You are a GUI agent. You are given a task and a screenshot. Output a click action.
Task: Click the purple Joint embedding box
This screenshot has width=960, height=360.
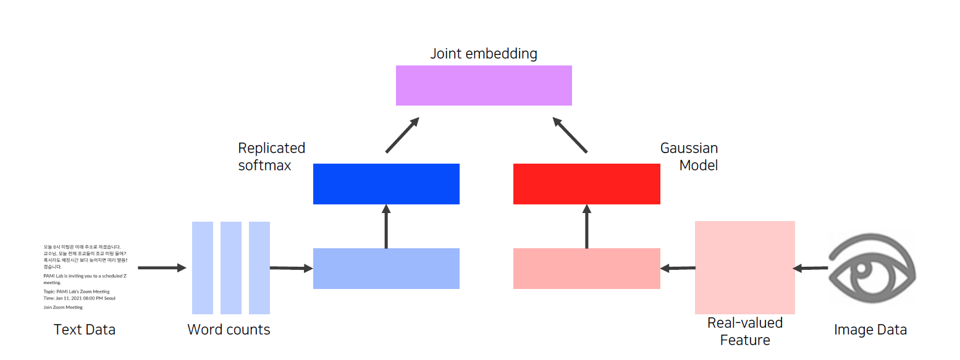pyautogui.click(x=484, y=85)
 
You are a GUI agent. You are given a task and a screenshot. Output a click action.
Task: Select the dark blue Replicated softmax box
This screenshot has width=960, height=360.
pyautogui.click(x=386, y=183)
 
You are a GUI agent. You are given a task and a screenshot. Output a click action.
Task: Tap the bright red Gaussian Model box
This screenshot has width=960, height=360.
pyautogui.click(x=586, y=183)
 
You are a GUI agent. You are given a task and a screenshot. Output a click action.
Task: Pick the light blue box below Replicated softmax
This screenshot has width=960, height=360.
pyautogui.click(x=386, y=269)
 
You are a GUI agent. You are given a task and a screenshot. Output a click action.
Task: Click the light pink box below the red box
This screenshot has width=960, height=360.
pyautogui.click(x=586, y=269)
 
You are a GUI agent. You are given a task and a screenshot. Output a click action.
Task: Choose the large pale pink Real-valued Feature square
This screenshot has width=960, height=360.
pyautogui.click(x=744, y=267)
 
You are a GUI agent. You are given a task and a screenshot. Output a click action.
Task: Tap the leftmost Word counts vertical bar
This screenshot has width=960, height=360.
pyautogui.click(x=203, y=267)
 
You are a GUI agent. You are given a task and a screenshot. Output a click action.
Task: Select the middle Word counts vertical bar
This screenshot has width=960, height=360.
pyautogui.click(x=231, y=267)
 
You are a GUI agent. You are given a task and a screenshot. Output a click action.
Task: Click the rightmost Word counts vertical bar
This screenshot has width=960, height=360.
pyautogui.click(x=259, y=267)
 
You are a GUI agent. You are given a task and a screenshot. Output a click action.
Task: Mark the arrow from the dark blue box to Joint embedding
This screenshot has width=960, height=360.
pyautogui.click(x=402, y=135)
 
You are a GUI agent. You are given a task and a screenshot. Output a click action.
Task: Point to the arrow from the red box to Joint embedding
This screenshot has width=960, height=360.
pyautogui.click(x=570, y=135)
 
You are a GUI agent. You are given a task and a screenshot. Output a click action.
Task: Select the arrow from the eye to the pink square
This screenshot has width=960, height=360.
pyautogui.click(x=811, y=268)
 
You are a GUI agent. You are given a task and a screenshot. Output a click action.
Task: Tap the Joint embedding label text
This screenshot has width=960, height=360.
pyautogui.click(x=484, y=54)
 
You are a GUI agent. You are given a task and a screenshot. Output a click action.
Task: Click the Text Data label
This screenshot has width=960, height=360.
pyautogui.click(x=85, y=330)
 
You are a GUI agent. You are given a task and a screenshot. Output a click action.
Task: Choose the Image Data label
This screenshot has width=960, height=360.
pyautogui.click(x=870, y=330)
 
